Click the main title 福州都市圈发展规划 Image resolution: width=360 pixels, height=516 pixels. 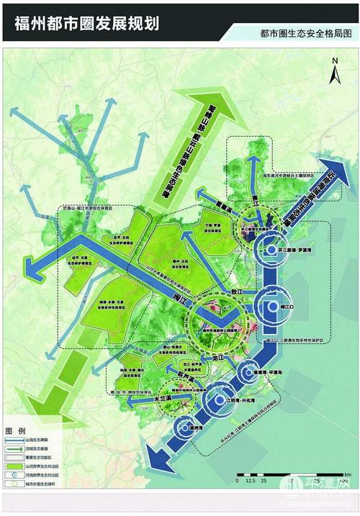pyautogui.click(x=86, y=22)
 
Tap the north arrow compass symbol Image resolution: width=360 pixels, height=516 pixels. pyautogui.click(x=334, y=76)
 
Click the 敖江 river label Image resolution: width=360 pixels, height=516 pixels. pyautogui.click(x=231, y=291)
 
